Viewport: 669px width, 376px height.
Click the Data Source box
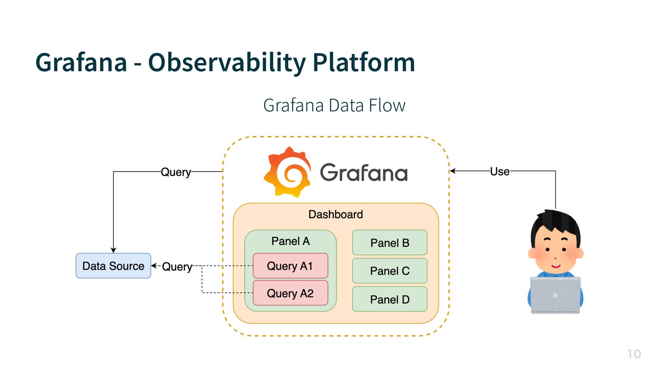(x=113, y=266)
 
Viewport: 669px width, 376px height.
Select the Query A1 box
(x=290, y=266)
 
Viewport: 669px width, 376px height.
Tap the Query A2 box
(x=290, y=293)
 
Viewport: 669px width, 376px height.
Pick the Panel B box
(x=390, y=243)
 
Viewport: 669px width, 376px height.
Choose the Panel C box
(x=390, y=271)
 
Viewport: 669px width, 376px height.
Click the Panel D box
(x=390, y=299)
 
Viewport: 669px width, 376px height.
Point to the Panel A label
(x=290, y=241)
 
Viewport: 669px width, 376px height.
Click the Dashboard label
(x=336, y=214)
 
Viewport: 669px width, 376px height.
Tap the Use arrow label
(x=500, y=171)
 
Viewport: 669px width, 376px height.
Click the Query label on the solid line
(x=176, y=172)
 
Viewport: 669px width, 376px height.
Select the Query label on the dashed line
(x=177, y=267)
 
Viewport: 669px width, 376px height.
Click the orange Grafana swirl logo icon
(x=287, y=172)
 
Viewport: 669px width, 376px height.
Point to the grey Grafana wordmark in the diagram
(x=363, y=173)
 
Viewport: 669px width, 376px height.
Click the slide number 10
(x=634, y=354)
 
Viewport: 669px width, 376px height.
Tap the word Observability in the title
(x=226, y=63)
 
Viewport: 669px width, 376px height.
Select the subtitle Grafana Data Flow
(x=334, y=105)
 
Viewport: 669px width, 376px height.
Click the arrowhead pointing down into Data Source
(x=113, y=250)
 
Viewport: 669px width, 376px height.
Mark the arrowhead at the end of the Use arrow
(x=453, y=171)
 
